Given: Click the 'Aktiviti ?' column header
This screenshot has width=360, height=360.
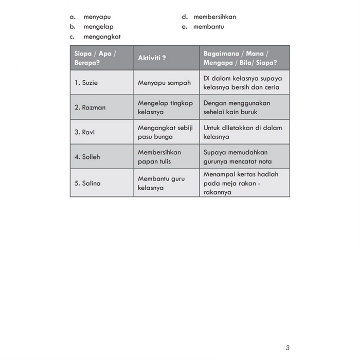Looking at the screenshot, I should coord(152,58).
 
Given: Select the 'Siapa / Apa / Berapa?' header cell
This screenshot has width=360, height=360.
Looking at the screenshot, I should coord(96,58).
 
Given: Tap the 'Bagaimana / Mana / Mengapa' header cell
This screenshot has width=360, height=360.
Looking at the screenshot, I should coord(240,58).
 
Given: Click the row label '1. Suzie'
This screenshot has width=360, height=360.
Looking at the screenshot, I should coord(86,83).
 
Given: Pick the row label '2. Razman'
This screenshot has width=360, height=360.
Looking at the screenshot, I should coord(90,107).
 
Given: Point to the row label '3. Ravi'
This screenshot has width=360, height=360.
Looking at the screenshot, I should coord(85,132).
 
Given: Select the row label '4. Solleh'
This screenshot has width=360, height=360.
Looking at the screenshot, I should coord(87,157).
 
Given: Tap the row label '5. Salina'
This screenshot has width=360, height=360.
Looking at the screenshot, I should coord(87,183).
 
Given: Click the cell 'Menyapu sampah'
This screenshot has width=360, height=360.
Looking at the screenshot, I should coord(164,83).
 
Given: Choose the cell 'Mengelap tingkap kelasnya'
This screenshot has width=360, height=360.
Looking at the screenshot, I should coord(165,107).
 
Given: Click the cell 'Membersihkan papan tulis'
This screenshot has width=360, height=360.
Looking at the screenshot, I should coord(159,157).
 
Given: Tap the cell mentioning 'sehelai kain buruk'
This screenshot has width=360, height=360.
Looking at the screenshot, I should coord(237,107).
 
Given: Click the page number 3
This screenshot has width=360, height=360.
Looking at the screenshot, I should coord(287,348).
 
